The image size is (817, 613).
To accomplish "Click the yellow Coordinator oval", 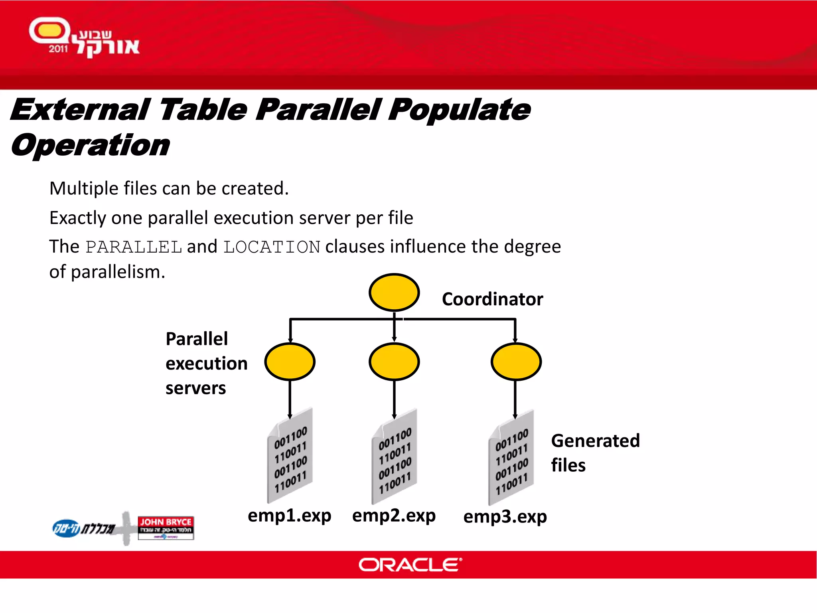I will click(394, 292).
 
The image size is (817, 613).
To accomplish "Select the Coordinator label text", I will click(492, 299).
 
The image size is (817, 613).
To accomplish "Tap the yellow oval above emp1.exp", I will click(290, 362).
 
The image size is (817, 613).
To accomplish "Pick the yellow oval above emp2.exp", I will click(394, 362).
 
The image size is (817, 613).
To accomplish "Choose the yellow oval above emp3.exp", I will click(516, 362).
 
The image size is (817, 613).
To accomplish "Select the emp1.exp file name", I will click(289, 515).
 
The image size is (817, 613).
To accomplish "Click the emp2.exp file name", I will click(394, 515).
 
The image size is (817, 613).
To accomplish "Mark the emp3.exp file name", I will click(505, 516).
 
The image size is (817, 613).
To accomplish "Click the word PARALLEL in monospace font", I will click(134, 247).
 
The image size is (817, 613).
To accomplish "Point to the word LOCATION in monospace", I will click(272, 247).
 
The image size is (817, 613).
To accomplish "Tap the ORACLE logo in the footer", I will click(410, 565).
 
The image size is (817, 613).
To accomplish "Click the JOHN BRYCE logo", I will click(166, 527).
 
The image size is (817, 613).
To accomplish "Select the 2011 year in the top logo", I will click(58, 49).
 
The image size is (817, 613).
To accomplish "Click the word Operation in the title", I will click(91, 145).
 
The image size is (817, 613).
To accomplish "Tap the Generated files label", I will click(595, 453).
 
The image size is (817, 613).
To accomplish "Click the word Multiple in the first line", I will click(83, 188).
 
